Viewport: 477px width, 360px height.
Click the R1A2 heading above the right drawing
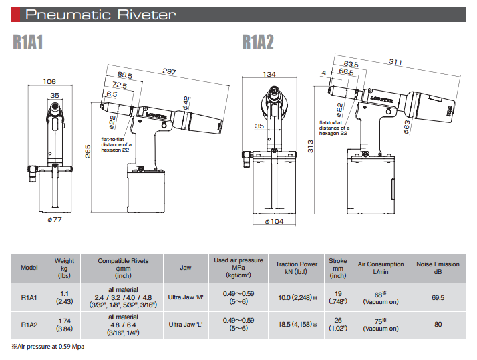pyautogui.click(x=257, y=42)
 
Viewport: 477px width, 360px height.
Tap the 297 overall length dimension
pyautogui.click(x=170, y=71)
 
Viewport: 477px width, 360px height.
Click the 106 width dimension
pyautogui.click(x=49, y=82)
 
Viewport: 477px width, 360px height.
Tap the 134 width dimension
pyautogui.click(x=270, y=74)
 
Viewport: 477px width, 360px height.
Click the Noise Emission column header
pyautogui.click(x=438, y=267)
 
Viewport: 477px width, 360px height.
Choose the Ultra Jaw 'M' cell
pyautogui.click(x=186, y=297)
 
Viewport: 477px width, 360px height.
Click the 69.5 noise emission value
pyautogui.click(x=438, y=297)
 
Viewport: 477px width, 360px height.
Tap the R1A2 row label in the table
pyautogui.click(x=29, y=325)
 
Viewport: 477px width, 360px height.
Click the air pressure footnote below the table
pyautogui.click(x=47, y=346)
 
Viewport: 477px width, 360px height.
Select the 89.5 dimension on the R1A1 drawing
pyautogui.click(x=125, y=75)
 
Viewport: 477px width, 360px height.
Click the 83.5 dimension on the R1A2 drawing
pyautogui.click(x=351, y=64)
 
